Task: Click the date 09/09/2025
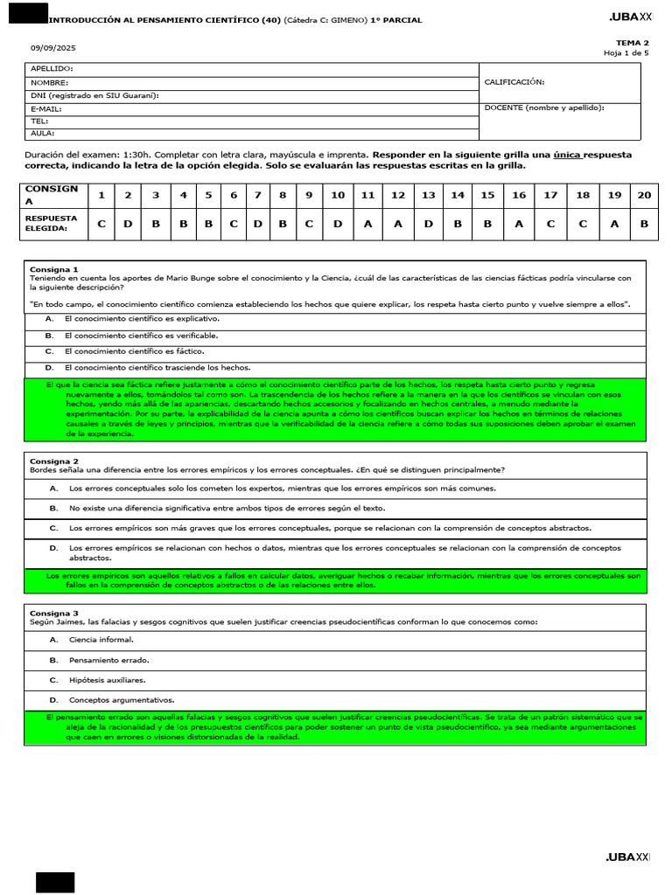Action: pos(48,48)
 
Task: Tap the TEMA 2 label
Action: pos(632,43)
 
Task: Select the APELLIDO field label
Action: pos(52,68)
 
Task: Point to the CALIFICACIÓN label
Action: pos(514,82)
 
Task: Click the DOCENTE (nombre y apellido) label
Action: pos(543,108)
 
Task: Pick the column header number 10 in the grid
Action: pos(337,195)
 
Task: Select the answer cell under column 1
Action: pos(101,224)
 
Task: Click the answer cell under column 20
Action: pos(644,224)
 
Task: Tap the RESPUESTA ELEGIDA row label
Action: pos(52,224)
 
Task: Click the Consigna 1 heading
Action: pos(54,269)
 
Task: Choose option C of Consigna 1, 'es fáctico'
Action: pos(135,351)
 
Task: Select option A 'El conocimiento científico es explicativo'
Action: pos(142,319)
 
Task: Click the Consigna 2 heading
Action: pos(54,461)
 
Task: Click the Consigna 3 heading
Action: pos(54,613)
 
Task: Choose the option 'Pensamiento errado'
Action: pos(108,660)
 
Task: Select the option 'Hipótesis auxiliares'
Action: pos(107,680)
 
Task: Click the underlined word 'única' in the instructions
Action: pos(567,155)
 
